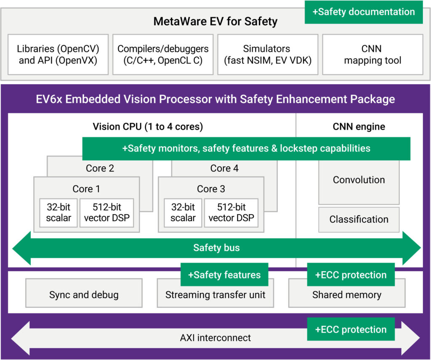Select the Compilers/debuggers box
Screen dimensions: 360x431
click(163, 55)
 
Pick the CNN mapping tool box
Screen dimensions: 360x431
click(372, 55)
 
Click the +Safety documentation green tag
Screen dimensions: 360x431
click(364, 12)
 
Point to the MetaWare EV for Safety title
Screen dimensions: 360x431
click(215, 21)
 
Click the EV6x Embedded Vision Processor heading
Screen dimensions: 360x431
click(215, 99)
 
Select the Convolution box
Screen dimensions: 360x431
click(359, 180)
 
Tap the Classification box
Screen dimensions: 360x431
click(359, 219)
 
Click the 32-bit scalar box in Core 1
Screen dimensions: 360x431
click(59, 212)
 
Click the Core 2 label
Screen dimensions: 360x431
click(100, 169)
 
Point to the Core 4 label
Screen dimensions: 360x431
click(224, 169)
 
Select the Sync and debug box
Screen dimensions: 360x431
click(84, 295)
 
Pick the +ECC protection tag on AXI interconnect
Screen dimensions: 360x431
click(351, 329)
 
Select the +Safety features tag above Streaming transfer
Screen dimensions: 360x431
click(224, 275)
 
